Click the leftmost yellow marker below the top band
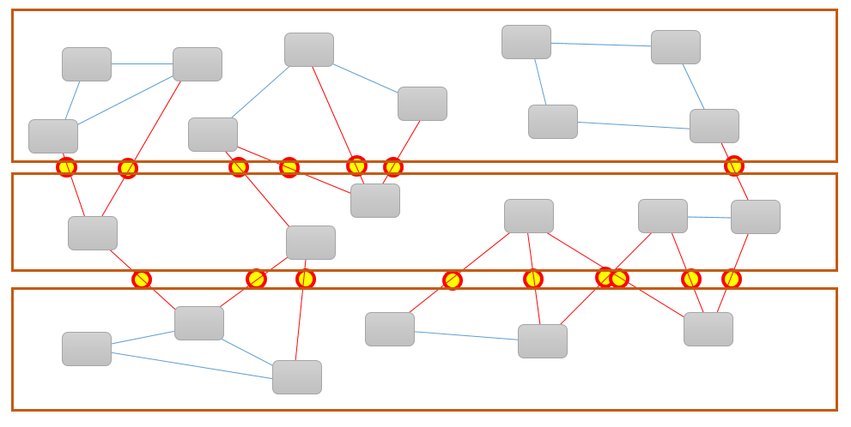(66, 166)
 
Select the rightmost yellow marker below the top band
(733, 165)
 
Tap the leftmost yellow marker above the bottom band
(142, 280)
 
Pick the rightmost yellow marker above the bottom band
(732, 279)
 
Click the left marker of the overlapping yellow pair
(605, 277)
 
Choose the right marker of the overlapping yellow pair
(619, 279)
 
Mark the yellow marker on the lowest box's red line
(306, 279)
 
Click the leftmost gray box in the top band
(53, 136)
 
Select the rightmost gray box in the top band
(714, 126)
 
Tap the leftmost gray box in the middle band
(93, 233)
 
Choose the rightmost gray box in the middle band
(756, 217)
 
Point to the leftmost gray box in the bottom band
(87, 349)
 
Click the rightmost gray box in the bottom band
(708, 329)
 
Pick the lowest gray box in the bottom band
(297, 377)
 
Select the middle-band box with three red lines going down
(529, 216)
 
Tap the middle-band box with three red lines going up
(375, 201)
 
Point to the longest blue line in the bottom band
(191, 365)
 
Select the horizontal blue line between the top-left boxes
(142, 63)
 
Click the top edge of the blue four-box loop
(601, 44)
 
